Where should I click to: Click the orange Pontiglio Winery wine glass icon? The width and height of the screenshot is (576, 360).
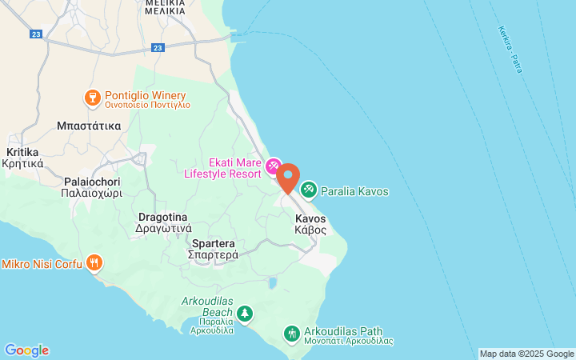click(x=93, y=98)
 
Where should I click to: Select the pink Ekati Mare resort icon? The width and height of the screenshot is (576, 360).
click(x=274, y=166)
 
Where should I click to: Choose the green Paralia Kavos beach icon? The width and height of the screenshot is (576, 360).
click(x=308, y=190)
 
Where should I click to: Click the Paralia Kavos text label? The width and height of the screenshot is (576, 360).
click(x=354, y=191)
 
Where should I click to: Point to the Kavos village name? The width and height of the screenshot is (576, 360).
click(x=310, y=223)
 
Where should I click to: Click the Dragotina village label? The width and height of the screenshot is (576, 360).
click(x=162, y=222)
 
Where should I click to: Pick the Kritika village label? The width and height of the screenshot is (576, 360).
click(x=24, y=157)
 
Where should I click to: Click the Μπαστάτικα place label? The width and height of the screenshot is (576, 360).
click(x=89, y=126)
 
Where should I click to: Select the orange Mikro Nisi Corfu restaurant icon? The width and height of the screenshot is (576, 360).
click(x=94, y=262)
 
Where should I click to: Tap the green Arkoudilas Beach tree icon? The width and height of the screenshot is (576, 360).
click(x=245, y=313)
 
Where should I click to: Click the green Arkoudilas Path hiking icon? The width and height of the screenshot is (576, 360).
click(x=292, y=332)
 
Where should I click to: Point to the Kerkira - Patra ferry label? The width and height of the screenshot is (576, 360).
click(x=510, y=50)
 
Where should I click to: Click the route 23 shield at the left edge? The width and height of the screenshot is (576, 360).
click(x=35, y=34)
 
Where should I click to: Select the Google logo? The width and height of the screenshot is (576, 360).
click(x=26, y=350)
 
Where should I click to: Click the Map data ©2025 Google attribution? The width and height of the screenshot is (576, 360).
click(x=526, y=354)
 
